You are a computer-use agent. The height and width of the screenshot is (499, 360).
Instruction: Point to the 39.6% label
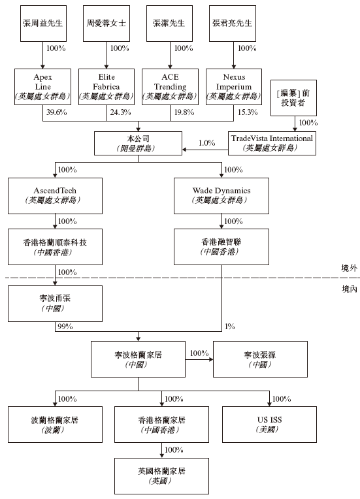pyautogui.click(x=57, y=112)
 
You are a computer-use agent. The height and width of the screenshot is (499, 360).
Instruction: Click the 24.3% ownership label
pyautogui.click(x=121, y=112)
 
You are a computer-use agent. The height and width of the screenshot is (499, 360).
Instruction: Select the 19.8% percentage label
pyautogui.click(x=184, y=112)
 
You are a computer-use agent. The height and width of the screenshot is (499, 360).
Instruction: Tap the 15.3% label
pyautogui.click(x=248, y=112)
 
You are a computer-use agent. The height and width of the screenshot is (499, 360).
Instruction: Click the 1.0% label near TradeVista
pyautogui.click(x=207, y=143)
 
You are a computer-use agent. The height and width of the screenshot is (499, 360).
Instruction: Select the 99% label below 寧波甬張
pyautogui.click(x=65, y=326)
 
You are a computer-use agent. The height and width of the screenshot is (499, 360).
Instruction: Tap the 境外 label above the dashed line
pyautogui.click(x=349, y=268)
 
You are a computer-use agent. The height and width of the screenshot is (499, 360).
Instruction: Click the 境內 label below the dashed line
pyautogui.click(x=349, y=289)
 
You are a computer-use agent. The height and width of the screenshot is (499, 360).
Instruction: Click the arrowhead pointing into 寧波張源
pyautogui.click(x=211, y=359)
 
